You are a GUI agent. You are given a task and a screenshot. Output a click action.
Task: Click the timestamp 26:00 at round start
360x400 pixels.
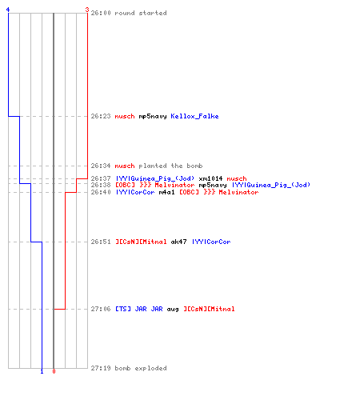(x=101, y=13)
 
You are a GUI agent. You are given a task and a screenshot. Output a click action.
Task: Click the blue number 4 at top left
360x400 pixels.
(x=8, y=10)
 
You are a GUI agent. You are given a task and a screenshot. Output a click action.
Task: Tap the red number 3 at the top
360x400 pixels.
(x=87, y=10)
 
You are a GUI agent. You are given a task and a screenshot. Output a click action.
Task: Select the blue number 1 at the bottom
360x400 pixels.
(x=42, y=371)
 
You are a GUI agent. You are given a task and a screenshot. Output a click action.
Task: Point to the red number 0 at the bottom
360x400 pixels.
(x=54, y=371)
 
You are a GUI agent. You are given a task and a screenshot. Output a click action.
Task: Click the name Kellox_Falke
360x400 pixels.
(x=194, y=116)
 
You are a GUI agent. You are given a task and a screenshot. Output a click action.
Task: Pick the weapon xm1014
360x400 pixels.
(x=210, y=178)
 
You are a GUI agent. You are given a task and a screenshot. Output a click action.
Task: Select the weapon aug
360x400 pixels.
(x=173, y=310)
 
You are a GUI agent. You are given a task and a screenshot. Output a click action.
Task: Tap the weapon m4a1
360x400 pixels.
(x=166, y=192)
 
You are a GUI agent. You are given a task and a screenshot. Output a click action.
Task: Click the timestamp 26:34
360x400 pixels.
(x=101, y=166)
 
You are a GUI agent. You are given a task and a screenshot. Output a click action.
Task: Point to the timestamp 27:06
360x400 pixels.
(x=101, y=309)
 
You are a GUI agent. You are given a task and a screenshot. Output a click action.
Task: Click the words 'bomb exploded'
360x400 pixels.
(x=141, y=368)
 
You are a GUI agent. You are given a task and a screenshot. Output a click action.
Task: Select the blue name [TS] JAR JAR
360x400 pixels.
(x=139, y=309)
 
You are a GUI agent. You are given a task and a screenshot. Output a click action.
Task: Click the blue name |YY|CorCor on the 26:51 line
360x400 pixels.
(x=211, y=242)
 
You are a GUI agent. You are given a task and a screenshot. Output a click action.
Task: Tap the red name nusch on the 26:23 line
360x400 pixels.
(x=125, y=117)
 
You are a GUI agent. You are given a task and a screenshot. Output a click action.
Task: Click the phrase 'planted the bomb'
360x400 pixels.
(x=170, y=166)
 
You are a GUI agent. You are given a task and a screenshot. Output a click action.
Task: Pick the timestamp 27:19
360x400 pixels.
(x=101, y=368)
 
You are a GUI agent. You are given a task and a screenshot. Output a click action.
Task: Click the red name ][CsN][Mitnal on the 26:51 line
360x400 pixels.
(x=141, y=242)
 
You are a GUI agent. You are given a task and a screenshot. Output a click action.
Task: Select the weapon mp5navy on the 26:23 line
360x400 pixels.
(x=153, y=117)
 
